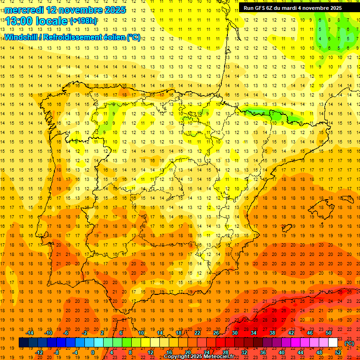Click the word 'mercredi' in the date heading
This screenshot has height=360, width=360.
[x=24, y=10]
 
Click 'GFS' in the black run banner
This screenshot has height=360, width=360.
[x=262, y=8]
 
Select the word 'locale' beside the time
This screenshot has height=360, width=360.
[x=52, y=22]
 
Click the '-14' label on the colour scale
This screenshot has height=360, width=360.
[x=30, y=332]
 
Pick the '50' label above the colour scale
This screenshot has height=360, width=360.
[x=329, y=332]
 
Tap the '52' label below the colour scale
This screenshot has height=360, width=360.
[x=338, y=352]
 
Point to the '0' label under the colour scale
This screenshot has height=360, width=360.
[x=93, y=352]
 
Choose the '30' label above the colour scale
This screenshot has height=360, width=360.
[x=235, y=332]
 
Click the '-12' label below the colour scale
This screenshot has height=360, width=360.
[x=39, y=352]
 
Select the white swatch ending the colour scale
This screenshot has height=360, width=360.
[x=333, y=343]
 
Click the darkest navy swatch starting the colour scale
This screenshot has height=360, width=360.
[x=23, y=343]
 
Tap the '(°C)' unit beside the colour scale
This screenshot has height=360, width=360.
[x=349, y=343]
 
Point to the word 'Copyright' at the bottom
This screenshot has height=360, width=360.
[x=177, y=357]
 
